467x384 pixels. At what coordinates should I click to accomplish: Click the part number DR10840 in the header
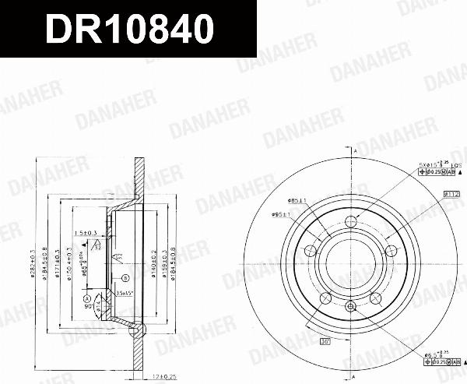click(129, 30)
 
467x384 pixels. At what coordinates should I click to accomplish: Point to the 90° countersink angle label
click(90, 307)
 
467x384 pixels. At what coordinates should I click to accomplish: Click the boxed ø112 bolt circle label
click(452, 193)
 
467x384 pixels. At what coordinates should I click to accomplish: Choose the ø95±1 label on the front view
click(281, 214)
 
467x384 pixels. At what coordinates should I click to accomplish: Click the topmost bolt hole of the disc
click(353, 220)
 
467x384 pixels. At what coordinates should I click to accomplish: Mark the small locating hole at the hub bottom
click(353, 305)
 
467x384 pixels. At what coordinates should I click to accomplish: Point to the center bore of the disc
click(353, 263)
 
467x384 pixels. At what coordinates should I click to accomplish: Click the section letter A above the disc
click(354, 150)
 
